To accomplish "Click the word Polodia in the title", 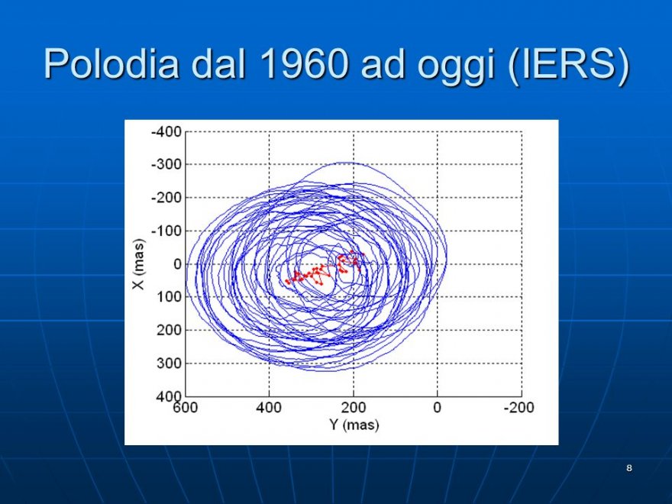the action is point(111,63).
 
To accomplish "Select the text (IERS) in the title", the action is point(568,65).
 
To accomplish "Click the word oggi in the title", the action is point(456,68).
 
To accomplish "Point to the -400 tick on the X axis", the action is point(166,131).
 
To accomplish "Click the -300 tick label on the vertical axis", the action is point(166,164).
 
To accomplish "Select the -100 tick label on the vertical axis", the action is point(166,231).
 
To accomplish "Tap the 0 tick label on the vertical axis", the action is point(177,264).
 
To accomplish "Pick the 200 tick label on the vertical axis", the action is point(170,330).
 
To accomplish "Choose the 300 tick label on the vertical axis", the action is point(170,363).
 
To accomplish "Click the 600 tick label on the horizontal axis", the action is point(185,407).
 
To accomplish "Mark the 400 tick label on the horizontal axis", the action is point(269,407).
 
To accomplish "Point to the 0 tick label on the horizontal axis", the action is point(437,407).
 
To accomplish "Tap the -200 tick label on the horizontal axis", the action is point(519,407).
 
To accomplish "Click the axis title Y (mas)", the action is point(354,425).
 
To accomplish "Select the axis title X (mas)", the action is point(139,264).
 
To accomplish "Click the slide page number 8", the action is point(629,468).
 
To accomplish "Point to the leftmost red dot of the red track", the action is point(286,281).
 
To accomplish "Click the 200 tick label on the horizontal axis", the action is point(353,407).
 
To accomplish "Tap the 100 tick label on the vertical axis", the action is point(170,296).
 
